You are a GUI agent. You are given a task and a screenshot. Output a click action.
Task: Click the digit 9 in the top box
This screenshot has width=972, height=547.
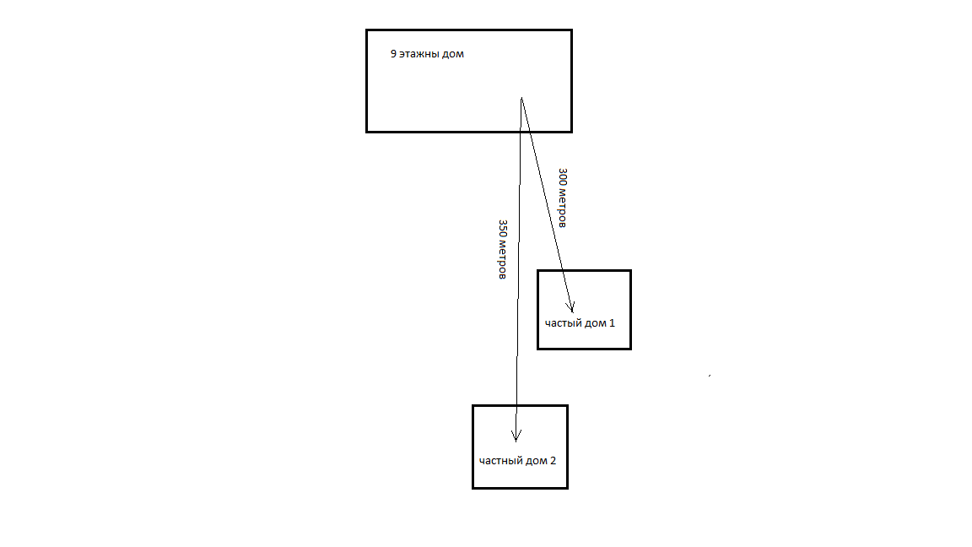pyautogui.click(x=393, y=54)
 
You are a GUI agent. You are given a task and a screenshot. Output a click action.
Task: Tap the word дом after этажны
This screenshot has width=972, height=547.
pyautogui.click(x=453, y=54)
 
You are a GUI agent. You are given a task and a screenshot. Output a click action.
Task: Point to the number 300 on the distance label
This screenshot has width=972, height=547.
pyautogui.click(x=563, y=177)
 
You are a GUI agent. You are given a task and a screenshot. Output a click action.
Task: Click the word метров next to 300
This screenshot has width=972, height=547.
pyautogui.click(x=562, y=209)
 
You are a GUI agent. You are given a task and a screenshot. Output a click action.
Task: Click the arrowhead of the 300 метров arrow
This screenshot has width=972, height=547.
pyautogui.click(x=572, y=307)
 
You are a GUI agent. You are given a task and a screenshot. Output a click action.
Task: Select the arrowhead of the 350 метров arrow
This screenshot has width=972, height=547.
pyautogui.click(x=516, y=436)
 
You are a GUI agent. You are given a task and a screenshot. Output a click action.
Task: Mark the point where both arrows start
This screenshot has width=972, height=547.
pyautogui.click(x=521, y=98)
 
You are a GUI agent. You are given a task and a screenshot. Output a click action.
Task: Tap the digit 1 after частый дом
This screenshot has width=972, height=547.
pyautogui.click(x=613, y=323)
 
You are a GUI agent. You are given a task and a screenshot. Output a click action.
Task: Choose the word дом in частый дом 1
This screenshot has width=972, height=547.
pyautogui.click(x=595, y=323)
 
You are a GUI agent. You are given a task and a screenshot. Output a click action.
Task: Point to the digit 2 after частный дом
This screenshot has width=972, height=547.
pyautogui.click(x=553, y=461)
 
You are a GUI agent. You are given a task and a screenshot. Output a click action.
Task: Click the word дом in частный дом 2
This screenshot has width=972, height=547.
pyautogui.click(x=535, y=461)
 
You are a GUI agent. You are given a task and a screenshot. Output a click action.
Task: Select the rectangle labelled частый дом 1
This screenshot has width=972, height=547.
pyautogui.click(x=584, y=287)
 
